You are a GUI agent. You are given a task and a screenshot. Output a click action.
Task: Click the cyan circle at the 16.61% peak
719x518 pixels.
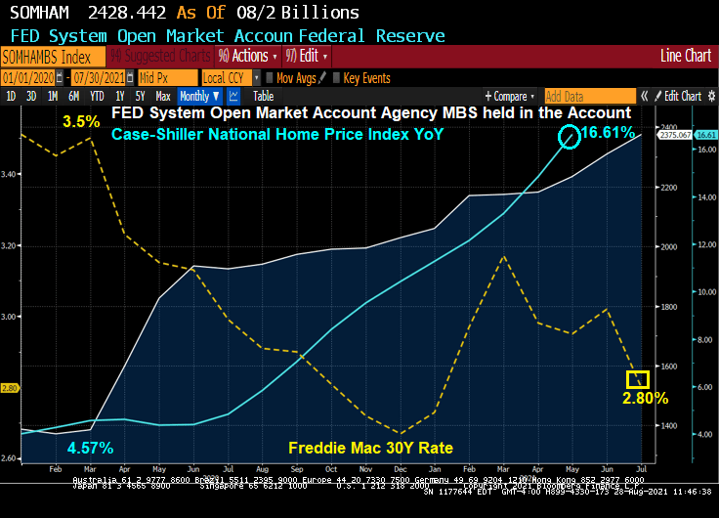[570, 137]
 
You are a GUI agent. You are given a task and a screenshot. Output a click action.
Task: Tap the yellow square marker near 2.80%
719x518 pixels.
[637, 379]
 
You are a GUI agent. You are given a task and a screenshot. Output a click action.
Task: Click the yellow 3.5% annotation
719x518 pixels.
[81, 122]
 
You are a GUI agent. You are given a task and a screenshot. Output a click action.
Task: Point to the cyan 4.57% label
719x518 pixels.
[91, 449]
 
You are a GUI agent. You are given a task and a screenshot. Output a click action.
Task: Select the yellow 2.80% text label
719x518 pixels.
[646, 399]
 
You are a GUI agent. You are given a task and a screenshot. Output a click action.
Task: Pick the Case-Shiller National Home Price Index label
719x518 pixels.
[277, 135]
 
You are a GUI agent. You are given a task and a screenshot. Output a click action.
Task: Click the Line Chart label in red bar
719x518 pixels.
[686, 56]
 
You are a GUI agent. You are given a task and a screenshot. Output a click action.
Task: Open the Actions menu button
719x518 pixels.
[243, 56]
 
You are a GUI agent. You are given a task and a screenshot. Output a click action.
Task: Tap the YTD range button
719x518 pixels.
[97, 97]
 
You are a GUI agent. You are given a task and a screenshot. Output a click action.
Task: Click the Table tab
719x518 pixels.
[263, 97]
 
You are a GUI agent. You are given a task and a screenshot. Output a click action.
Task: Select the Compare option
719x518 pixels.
[510, 97]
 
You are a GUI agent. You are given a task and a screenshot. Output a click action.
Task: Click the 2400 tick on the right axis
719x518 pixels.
[667, 127]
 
